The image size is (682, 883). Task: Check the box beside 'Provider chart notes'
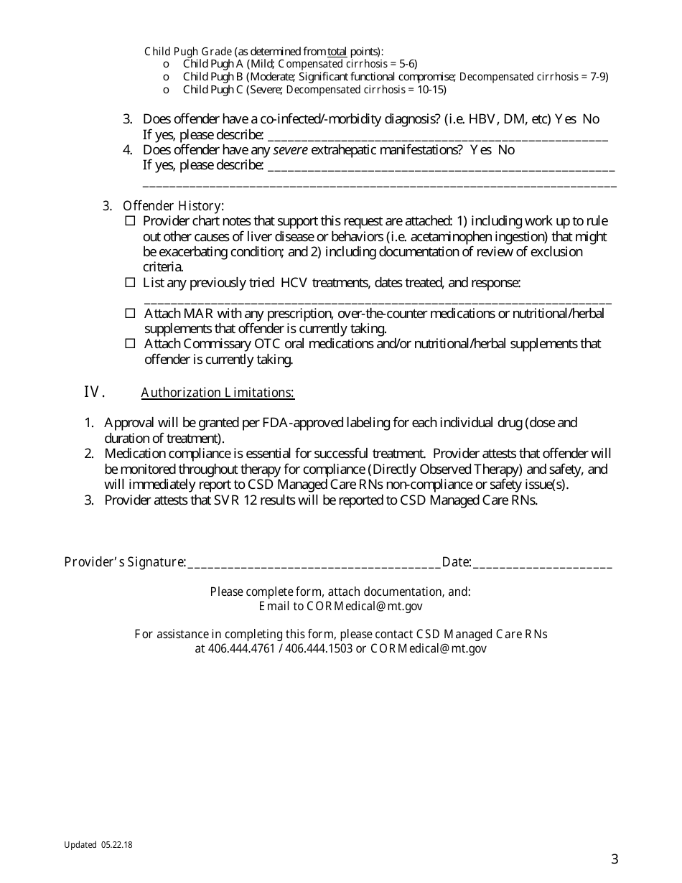[x=130, y=221]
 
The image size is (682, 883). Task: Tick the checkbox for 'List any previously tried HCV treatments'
[x=130, y=283]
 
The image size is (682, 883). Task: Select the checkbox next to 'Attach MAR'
[x=130, y=314]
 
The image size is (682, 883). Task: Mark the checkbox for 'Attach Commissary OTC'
[x=130, y=344]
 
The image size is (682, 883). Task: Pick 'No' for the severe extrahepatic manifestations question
[x=506, y=150]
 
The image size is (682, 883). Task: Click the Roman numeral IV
[x=95, y=392]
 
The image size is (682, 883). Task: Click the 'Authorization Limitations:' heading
[x=218, y=393]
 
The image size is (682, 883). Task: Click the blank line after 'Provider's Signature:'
[x=314, y=563]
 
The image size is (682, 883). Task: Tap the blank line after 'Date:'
[x=542, y=563]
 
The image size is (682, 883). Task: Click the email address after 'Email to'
[x=365, y=607]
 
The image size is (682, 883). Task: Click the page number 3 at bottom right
[x=615, y=859]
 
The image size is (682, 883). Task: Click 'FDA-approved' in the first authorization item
[x=306, y=423]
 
